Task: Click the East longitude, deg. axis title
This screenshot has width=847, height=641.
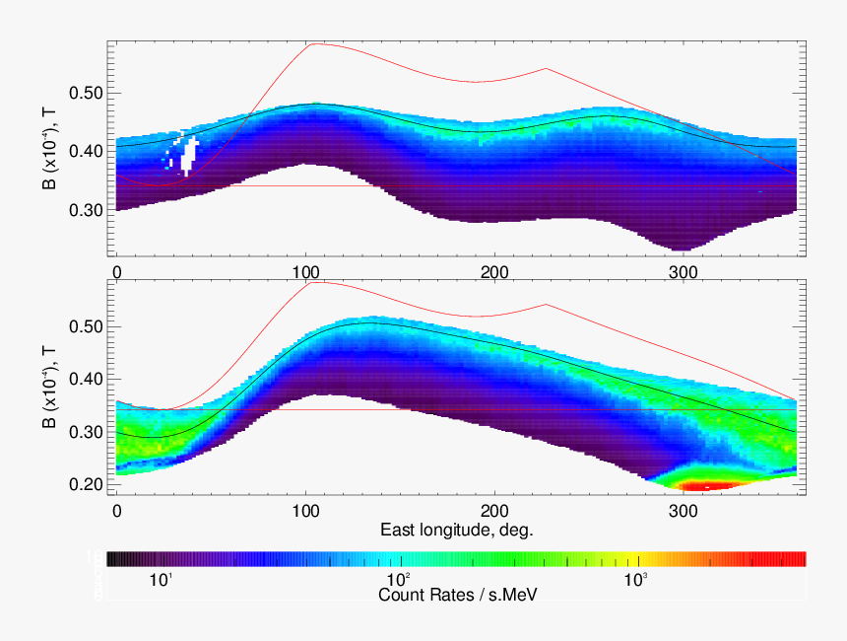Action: [457, 531]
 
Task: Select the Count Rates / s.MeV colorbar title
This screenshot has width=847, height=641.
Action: [457, 595]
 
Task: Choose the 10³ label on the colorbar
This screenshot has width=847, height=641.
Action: [636, 580]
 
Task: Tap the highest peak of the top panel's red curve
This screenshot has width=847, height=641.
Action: [312, 43]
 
